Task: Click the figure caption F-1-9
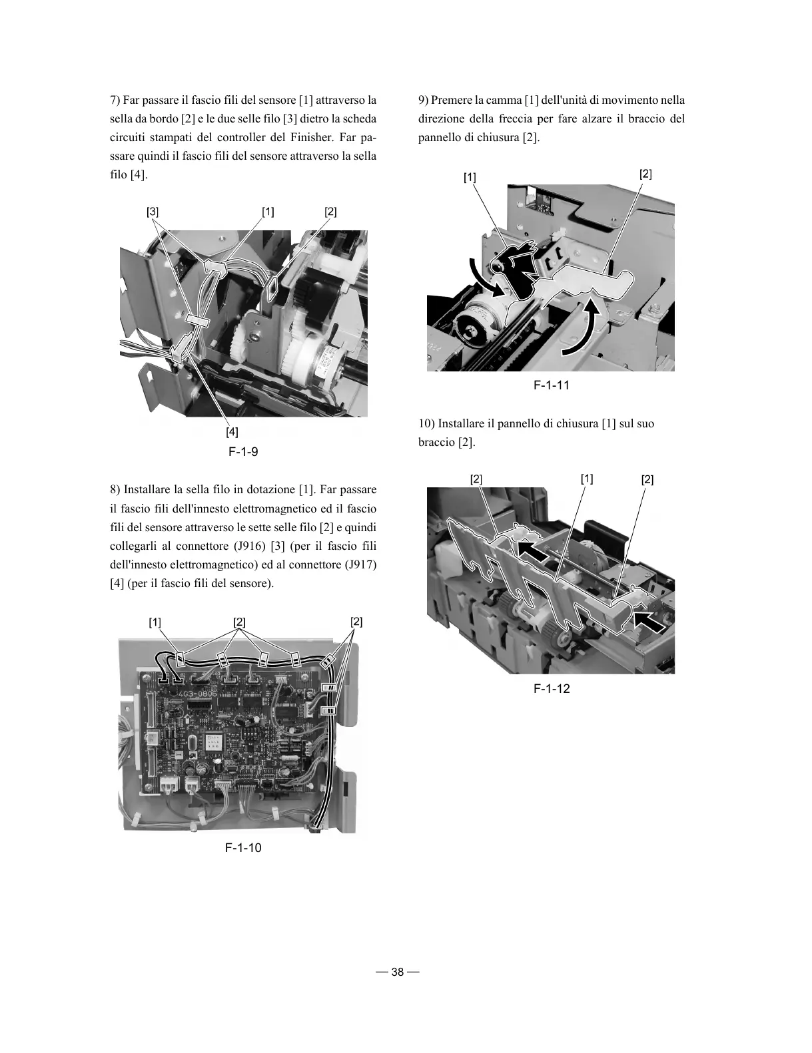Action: (x=243, y=452)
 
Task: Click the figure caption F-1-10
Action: (x=243, y=848)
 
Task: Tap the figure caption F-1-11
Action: (x=551, y=385)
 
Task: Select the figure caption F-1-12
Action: (x=552, y=689)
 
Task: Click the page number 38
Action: (x=398, y=972)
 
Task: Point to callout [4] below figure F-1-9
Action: (x=232, y=432)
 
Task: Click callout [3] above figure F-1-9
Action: (x=153, y=212)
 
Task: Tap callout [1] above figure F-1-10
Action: (x=155, y=622)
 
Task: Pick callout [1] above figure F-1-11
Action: (x=470, y=177)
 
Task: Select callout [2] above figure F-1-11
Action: (x=645, y=174)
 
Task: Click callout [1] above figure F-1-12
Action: (x=587, y=479)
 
